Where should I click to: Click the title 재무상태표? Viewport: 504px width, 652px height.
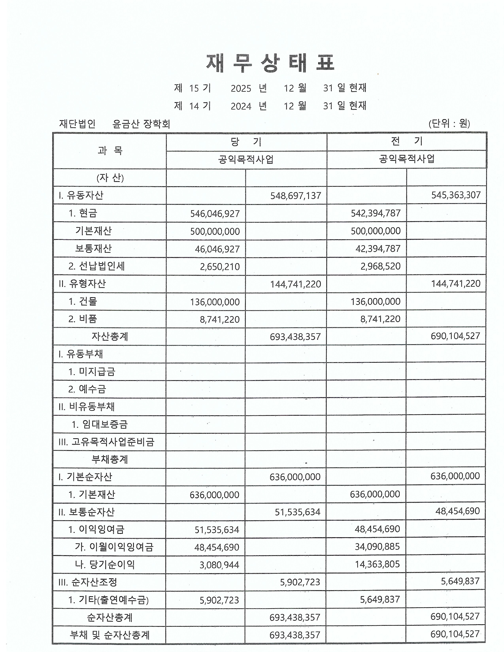pos(270,63)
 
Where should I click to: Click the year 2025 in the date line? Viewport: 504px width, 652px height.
pos(241,88)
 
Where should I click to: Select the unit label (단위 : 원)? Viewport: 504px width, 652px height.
pos(449,123)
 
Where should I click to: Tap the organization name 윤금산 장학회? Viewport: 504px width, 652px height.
pos(141,124)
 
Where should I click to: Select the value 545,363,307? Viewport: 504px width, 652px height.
pos(456,195)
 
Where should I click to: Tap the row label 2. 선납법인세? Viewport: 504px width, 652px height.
pos(96,266)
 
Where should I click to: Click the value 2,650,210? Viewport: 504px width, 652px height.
pos(220,267)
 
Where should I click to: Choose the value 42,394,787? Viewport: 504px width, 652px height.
pos(378,248)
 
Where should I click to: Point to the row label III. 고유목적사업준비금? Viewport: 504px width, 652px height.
pos(106,442)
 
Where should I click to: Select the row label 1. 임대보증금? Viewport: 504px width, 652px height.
pos(100,424)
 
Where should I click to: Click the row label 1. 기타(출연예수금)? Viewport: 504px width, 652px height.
pos(108,600)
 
